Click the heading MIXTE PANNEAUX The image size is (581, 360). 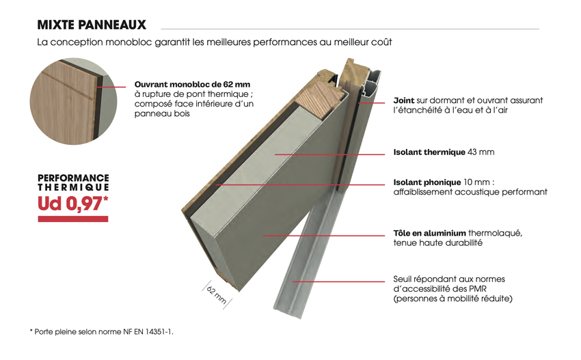point(92,25)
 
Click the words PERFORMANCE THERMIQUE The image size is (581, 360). point(73,182)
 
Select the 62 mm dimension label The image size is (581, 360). point(217,295)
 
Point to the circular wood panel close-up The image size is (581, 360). point(73,101)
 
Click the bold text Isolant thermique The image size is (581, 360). point(429,152)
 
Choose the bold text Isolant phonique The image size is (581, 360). point(427,182)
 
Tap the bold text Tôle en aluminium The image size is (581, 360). point(429,233)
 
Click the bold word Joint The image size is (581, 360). point(404,100)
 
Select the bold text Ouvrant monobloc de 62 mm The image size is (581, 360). point(192,85)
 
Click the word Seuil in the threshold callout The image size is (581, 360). point(402,279)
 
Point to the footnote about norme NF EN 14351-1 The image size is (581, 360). point(102,332)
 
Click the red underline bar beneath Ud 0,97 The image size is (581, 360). point(73,219)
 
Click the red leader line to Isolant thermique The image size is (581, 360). point(329,154)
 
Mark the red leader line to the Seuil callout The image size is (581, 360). point(338,281)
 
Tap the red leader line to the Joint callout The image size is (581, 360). point(372,102)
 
